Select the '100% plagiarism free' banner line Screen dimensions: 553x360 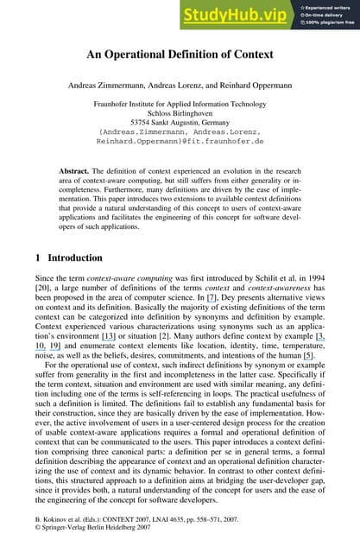click(329, 22)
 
